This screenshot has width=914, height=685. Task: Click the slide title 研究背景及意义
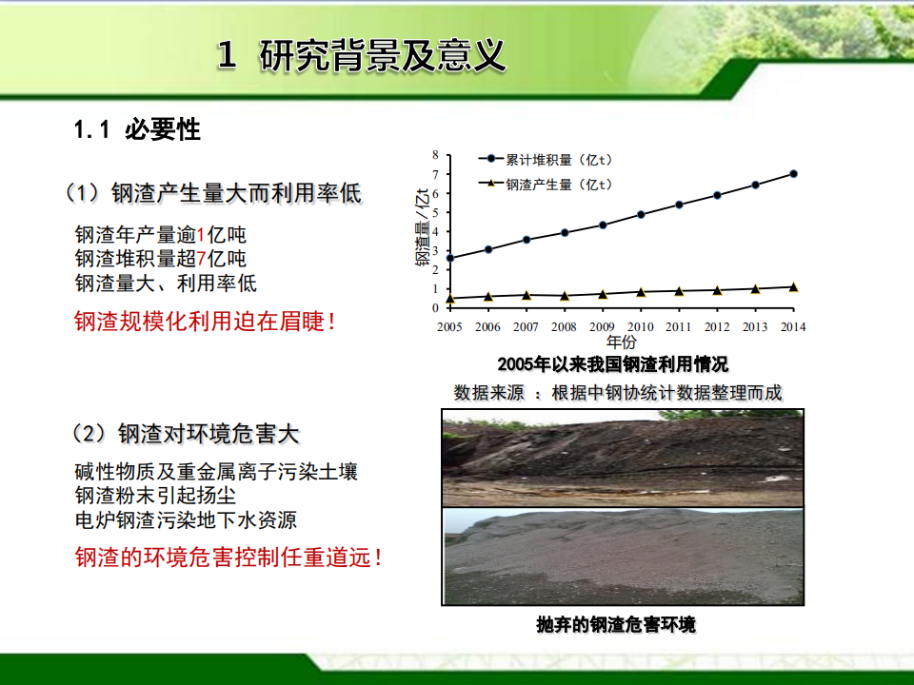click(x=382, y=55)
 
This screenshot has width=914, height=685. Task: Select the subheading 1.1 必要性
click(x=137, y=129)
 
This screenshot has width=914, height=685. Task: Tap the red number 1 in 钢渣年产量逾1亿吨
click(x=201, y=235)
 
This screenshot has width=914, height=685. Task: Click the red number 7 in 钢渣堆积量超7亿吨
click(x=201, y=259)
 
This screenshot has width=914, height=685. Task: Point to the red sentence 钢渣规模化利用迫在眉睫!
click(x=206, y=321)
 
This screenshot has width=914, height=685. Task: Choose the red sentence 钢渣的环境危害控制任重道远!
click(x=228, y=558)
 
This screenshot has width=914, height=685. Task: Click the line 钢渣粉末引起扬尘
click(x=155, y=496)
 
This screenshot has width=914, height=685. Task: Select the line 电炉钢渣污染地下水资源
click(x=186, y=520)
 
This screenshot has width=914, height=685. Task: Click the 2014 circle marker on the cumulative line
click(x=793, y=173)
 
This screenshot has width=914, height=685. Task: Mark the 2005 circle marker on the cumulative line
click(x=449, y=258)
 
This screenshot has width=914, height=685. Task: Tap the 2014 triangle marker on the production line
click(x=793, y=286)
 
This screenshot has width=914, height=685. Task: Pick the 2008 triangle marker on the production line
click(x=565, y=296)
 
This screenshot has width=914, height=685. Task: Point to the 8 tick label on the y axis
click(x=435, y=155)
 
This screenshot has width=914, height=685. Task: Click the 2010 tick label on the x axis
click(x=641, y=326)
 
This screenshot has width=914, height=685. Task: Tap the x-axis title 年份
click(x=622, y=342)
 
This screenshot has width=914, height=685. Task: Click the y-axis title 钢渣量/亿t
click(x=423, y=227)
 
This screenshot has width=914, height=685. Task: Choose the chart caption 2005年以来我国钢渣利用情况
click(x=613, y=364)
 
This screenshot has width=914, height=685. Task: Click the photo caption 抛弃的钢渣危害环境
click(x=616, y=625)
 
